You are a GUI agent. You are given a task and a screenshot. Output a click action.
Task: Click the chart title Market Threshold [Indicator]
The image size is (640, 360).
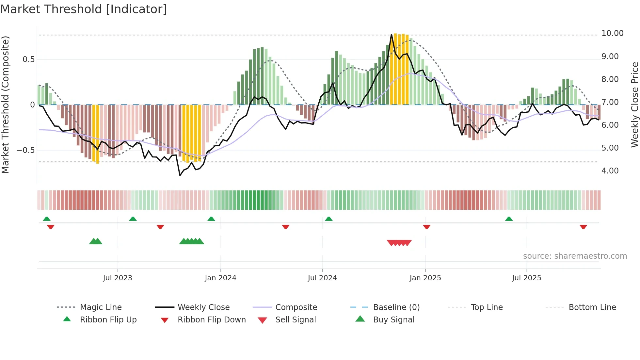tap(84, 9)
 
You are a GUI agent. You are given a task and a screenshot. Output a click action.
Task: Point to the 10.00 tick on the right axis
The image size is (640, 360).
tap(612, 33)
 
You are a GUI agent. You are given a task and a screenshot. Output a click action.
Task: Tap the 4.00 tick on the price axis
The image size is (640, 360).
tap(610, 171)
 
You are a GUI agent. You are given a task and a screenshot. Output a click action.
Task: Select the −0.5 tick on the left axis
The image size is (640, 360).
tap(25, 150)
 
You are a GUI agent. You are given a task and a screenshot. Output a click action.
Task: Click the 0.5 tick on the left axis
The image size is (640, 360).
tap(28, 59)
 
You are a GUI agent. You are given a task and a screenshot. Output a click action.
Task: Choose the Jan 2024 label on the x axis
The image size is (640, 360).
tap(220, 278)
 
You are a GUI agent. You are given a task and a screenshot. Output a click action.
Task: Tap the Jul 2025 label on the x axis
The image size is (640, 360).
tap(526, 278)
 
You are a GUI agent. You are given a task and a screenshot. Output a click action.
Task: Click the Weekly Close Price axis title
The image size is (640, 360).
tap(634, 105)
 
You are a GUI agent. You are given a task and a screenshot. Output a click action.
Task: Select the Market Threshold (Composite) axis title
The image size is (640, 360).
tap(5, 105)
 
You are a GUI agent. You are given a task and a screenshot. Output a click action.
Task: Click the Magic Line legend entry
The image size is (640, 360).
tap(101, 307)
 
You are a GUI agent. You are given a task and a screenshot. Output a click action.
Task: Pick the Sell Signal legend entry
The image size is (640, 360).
tap(296, 320)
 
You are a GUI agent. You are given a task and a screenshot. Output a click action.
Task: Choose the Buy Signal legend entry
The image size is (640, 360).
tap(393, 320)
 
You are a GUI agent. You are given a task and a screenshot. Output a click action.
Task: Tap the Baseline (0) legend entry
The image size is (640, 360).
tap(396, 307)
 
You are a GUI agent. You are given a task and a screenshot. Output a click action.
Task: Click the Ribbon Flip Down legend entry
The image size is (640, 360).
tap(212, 320)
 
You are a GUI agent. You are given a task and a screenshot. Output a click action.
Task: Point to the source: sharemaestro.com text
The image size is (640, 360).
tap(575, 256)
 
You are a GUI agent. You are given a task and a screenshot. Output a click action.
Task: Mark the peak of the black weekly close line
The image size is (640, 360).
tap(391, 34)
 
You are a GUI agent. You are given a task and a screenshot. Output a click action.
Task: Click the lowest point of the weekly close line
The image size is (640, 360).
tap(180, 175)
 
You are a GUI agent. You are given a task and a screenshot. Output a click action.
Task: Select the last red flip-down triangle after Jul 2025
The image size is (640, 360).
tap(583, 227)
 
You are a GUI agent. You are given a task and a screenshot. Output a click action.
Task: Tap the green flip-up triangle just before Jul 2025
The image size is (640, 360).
tap(509, 219)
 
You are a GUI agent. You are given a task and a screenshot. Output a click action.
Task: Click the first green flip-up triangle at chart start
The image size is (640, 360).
tap(47, 219)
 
